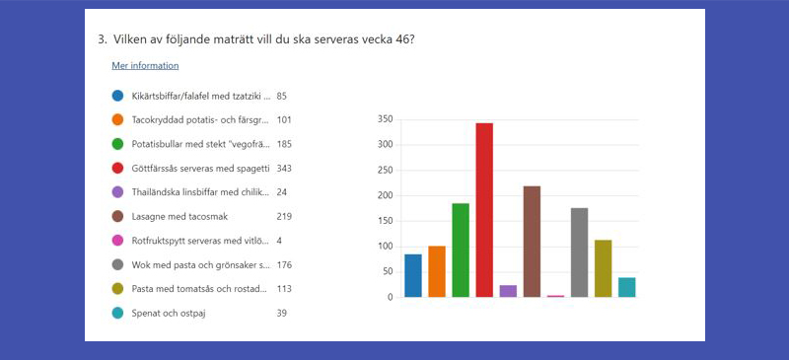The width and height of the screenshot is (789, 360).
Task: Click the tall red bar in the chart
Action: pyautogui.click(x=484, y=210)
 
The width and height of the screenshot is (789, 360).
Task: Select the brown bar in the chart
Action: pyautogui.click(x=532, y=242)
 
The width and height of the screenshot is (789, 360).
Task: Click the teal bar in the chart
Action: pyautogui.click(x=626, y=287)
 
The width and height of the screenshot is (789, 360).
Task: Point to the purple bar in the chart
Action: pyautogui.click(x=508, y=291)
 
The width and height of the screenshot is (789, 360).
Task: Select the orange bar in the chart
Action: pyautogui.click(x=437, y=271)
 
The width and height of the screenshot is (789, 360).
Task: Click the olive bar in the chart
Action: pyautogui.click(x=603, y=268)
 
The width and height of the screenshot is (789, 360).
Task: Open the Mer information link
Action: pyautogui.click(x=145, y=66)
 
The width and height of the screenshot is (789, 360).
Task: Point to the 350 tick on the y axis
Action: pyautogui.click(x=384, y=119)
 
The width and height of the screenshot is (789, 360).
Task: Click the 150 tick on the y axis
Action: pyautogui.click(x=384, y=221)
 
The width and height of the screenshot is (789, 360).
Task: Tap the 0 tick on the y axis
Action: pyautogui.click(x=391, y=297)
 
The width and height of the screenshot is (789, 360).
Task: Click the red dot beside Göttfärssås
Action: pyautogui.click(x=117, y=168)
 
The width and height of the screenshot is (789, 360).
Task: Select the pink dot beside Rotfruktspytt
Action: pyautogui.click(x=117, y=240)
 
